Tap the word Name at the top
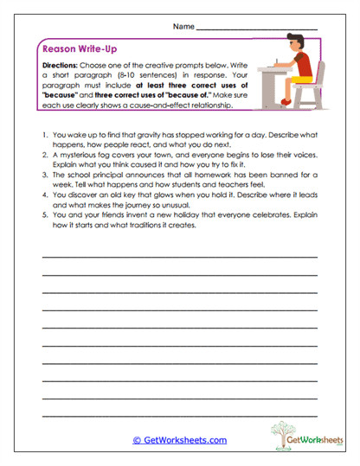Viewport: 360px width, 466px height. tap(183, 28)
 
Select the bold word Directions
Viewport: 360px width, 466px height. tap(61, 66)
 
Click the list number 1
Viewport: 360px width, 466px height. tap(44, 137)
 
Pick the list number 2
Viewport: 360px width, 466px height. tap(44, 161)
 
